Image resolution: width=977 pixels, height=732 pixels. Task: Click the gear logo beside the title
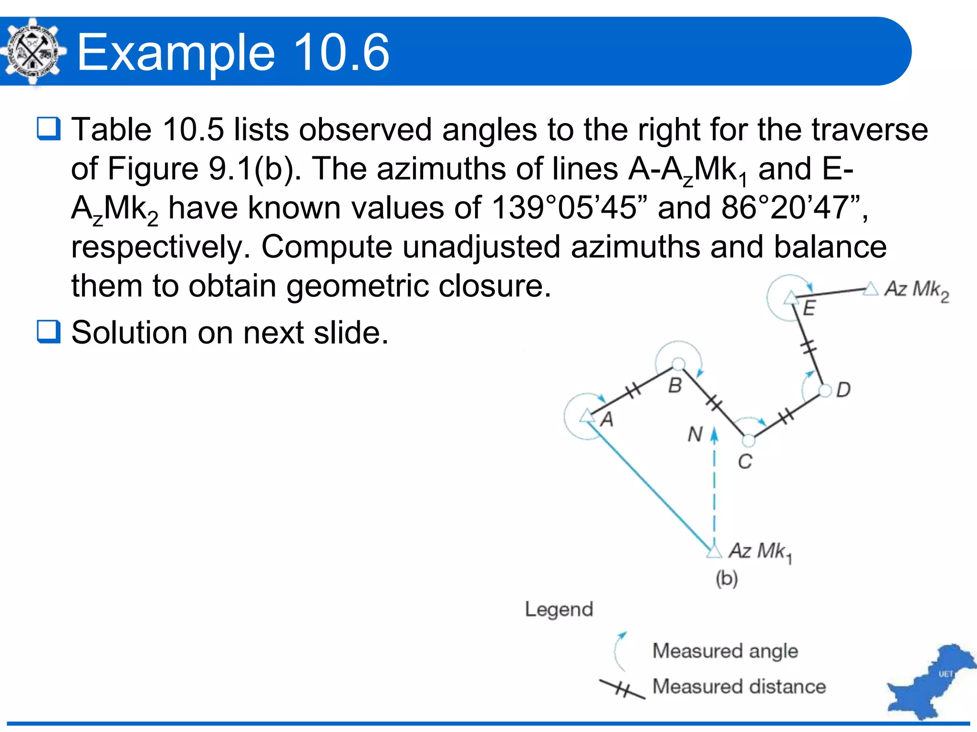(32, 51)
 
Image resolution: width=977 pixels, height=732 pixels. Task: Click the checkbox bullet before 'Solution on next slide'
(49, 332)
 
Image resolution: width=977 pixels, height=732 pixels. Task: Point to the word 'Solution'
(129, 332)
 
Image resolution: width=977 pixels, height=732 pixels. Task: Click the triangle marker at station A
(587, 417)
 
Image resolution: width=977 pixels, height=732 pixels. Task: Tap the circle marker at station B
(678, 365)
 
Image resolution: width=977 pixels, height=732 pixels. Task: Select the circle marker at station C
(748, 441)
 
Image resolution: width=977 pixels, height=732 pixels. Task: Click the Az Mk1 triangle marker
(714, 552)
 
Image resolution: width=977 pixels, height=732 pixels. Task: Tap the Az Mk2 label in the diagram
(916, 290)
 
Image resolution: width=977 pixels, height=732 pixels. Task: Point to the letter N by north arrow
(695, 434)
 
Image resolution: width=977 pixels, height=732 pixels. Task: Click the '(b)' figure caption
(726, 579)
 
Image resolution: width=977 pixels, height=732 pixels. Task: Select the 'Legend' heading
(559, 609)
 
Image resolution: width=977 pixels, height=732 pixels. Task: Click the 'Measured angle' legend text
(725, 651)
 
